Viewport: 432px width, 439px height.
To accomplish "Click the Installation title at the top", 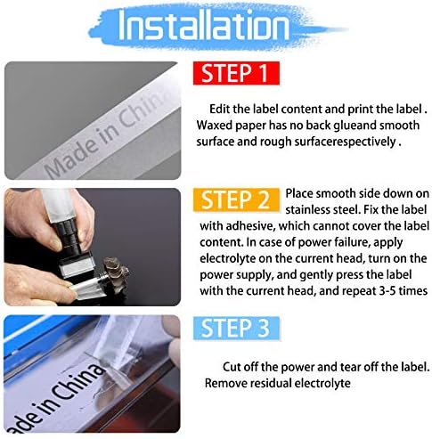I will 216,28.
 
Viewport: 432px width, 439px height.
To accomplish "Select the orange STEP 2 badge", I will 236,199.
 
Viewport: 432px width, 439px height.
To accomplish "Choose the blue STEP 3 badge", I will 236,329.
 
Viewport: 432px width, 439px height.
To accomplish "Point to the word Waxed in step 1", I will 215,125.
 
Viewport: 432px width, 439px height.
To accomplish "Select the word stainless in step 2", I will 307,210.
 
